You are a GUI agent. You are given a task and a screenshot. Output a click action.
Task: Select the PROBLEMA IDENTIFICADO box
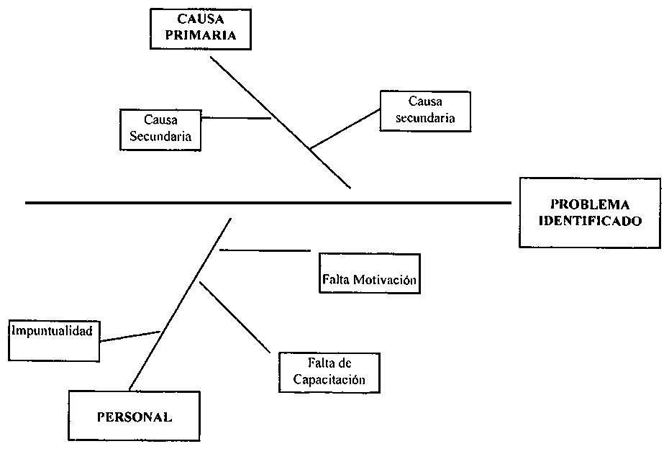coord(590,213)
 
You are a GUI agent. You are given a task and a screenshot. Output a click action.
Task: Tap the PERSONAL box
coord(135,416)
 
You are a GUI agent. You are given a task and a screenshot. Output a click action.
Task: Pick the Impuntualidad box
coord(55,340)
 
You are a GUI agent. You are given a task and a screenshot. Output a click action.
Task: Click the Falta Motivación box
coord(369,273)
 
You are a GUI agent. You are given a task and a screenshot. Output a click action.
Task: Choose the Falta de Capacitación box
coord(329,372)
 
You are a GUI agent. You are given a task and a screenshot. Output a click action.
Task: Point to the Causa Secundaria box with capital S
coord(160,130)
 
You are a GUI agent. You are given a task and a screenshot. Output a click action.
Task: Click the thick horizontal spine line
coord(266,203)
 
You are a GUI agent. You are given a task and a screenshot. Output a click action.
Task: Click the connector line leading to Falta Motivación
coord(264,250)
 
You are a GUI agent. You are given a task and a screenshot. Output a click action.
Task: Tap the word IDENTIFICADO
coord(590,222)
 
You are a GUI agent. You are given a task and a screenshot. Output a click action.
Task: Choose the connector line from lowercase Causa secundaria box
coord(344,130)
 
